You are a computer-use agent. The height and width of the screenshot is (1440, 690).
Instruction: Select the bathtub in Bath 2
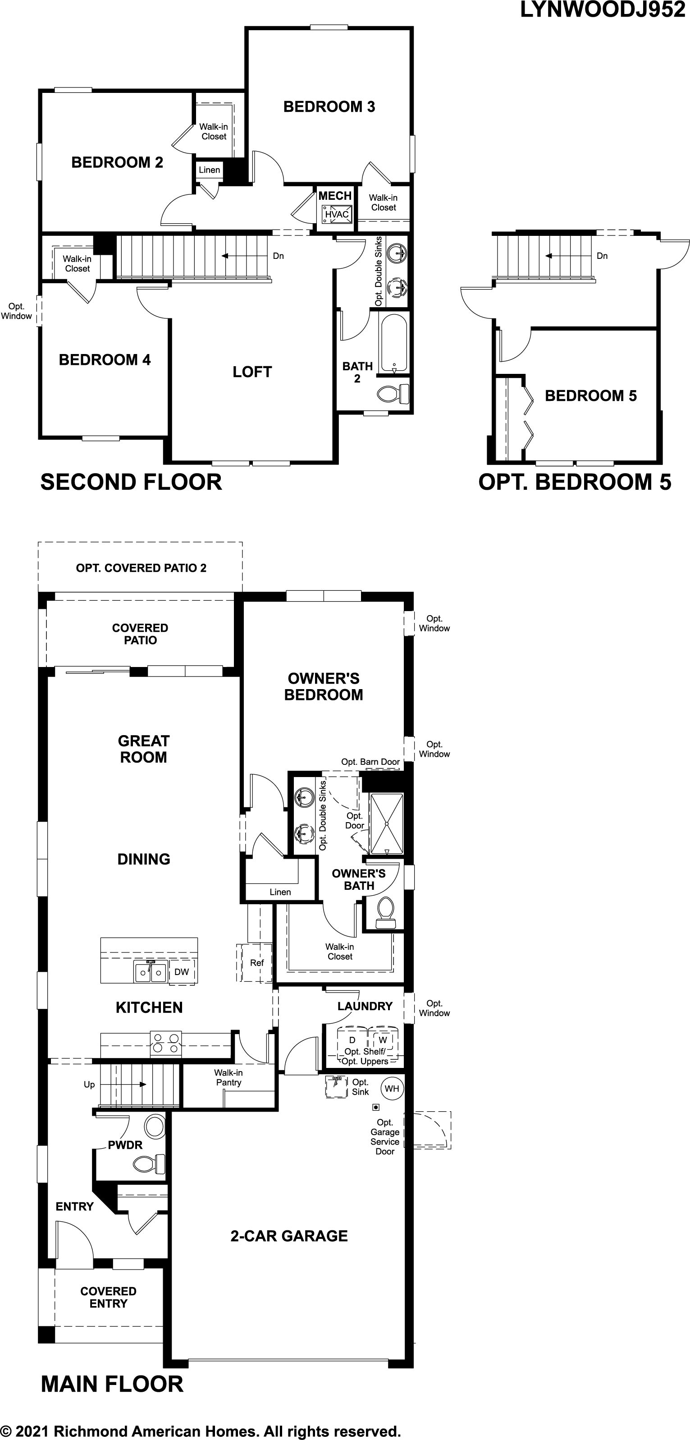(x=394, y=343)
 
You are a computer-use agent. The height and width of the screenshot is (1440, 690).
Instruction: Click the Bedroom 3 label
(x=329, y=107)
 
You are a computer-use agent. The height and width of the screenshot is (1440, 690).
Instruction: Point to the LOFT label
(x=252, y=372)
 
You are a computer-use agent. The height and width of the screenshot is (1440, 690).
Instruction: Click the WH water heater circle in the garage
(x=392, y=1088)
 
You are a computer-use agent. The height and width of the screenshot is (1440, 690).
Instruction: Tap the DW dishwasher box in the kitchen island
(x=182, y=972)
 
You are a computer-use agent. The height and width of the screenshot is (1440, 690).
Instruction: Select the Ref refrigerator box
(x=256, y=962)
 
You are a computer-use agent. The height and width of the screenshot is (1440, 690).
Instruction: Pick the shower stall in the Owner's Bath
(x=386, y=824)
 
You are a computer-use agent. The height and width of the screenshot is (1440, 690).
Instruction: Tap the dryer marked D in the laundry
(x=352, y=1041)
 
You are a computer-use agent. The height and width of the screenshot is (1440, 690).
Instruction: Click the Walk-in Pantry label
(x=228, y=1077)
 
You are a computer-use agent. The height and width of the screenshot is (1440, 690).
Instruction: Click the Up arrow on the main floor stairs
(x=123, y=1085)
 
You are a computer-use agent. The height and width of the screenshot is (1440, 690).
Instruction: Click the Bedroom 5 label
(x=590, y=396)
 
